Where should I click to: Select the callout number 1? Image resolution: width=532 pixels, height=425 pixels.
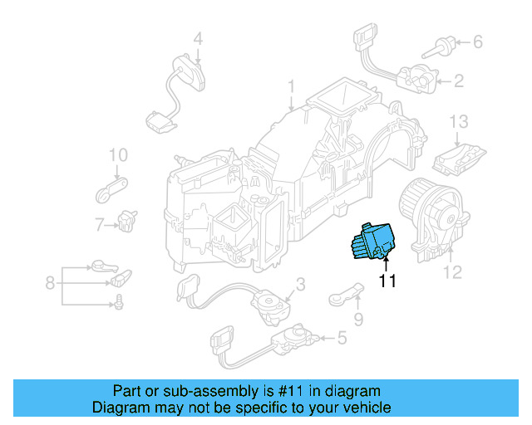(x=292, y=86)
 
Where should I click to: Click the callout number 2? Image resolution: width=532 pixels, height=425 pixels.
(x=459, y=81)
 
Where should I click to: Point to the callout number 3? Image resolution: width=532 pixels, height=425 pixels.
(x=301, y=284)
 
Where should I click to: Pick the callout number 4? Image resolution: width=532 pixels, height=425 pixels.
(x=198, y=37)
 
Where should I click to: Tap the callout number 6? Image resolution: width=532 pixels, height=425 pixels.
(x=477, y=40)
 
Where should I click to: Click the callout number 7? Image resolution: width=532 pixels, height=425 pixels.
(x=99, y=224)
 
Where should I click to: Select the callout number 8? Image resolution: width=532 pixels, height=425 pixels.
(x=50, y=284)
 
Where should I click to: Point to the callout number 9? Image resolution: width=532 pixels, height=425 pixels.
(x=358, y=317)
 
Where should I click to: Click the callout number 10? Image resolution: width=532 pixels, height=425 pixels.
(x=118, y=154)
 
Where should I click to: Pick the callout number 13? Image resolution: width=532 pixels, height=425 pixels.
(x=460, y=122)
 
